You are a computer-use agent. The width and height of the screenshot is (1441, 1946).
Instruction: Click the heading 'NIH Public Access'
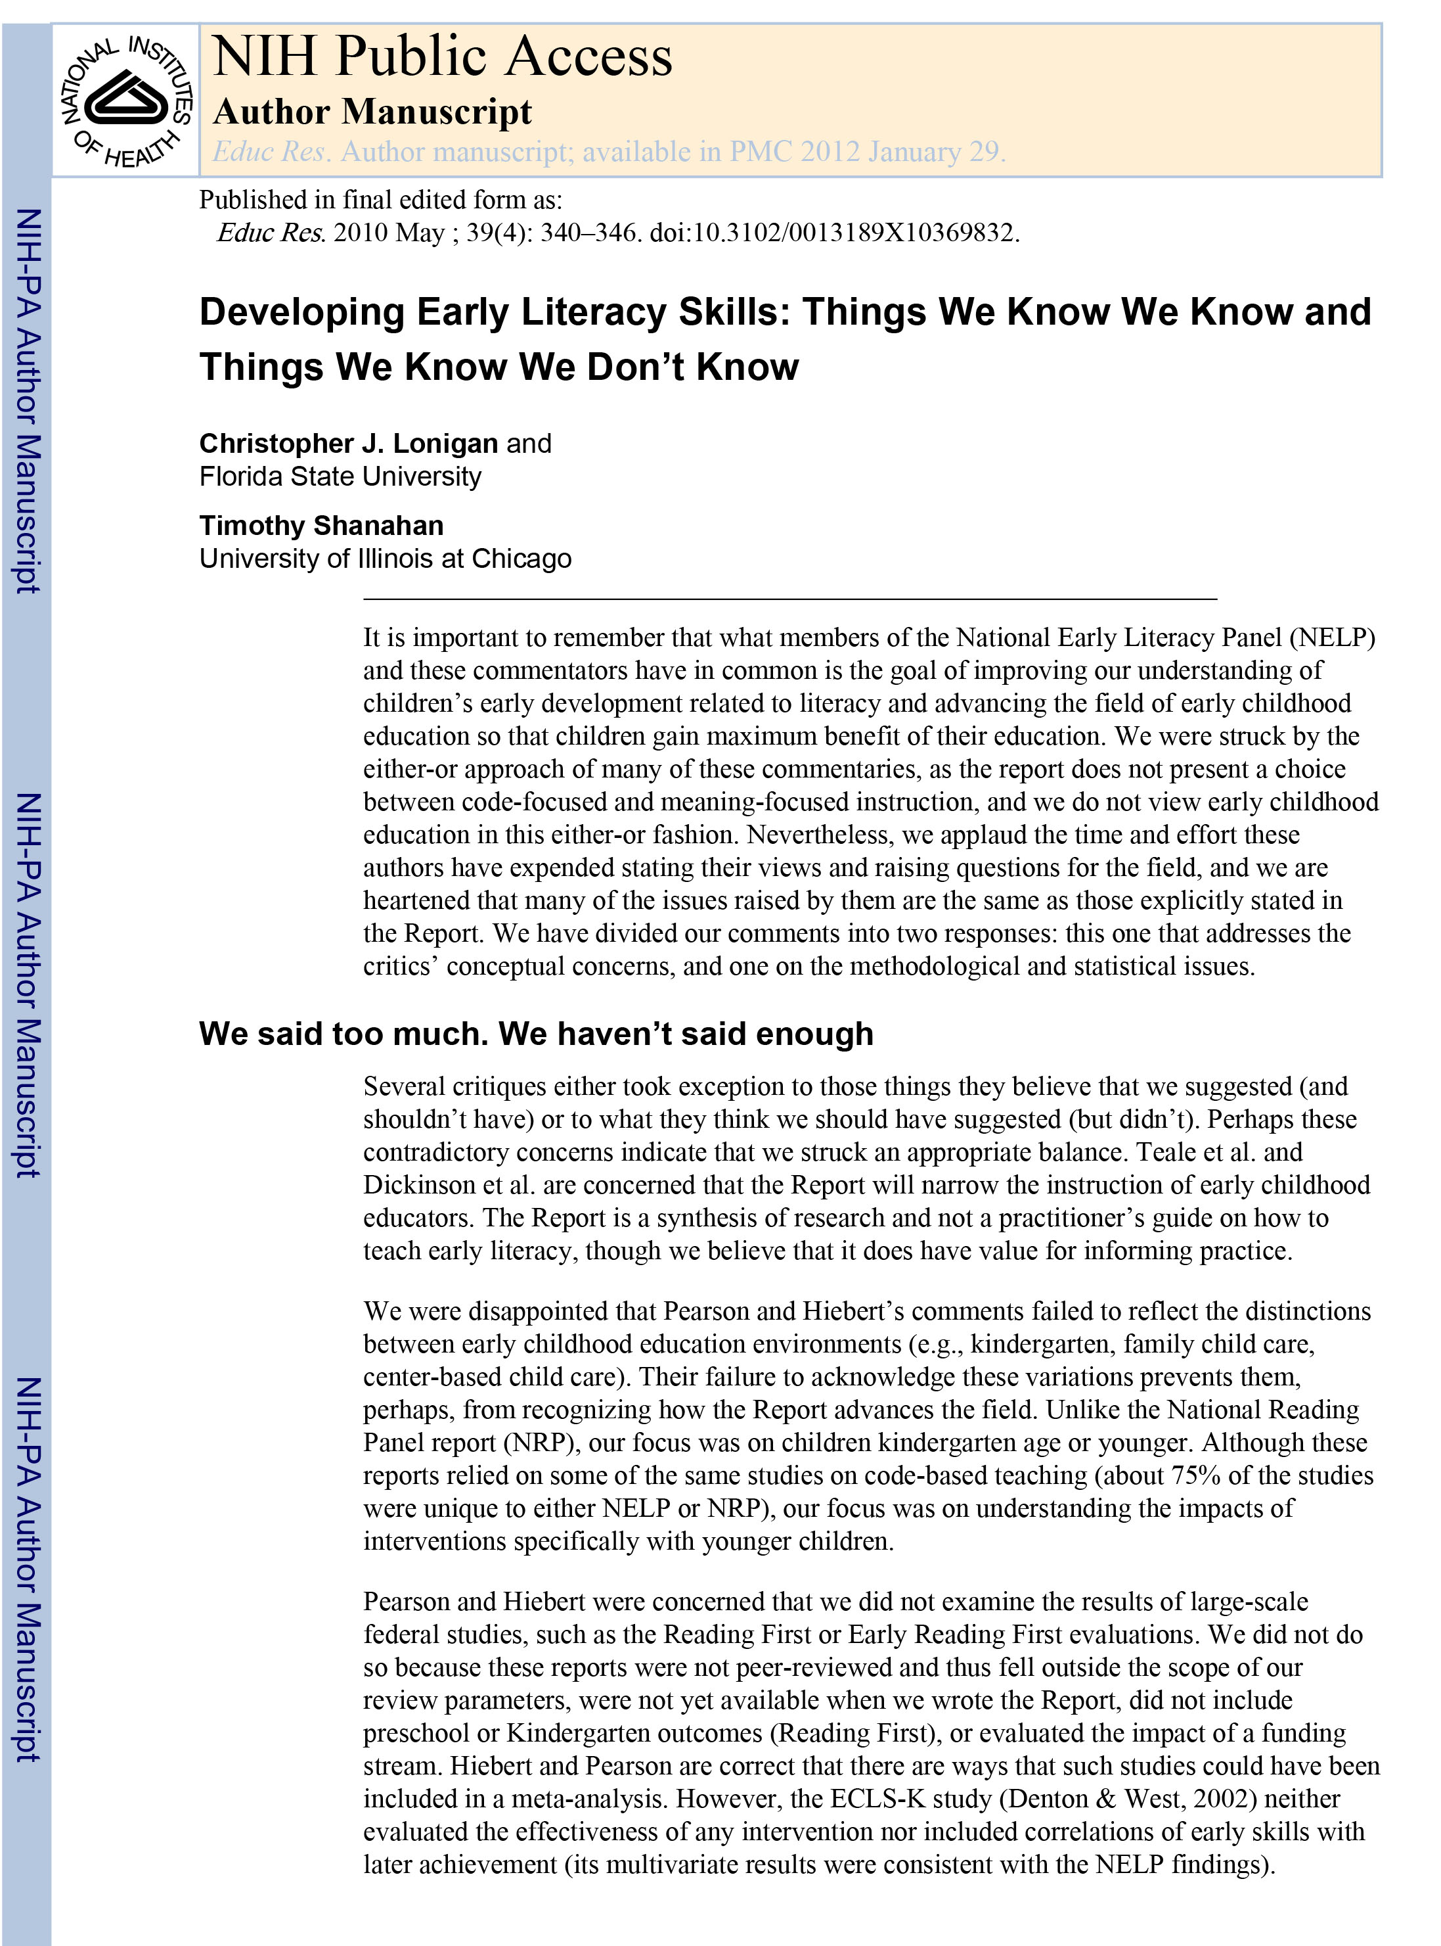(x=442, y=58)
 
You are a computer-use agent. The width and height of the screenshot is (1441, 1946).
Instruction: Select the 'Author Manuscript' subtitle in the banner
(x=372, y=112)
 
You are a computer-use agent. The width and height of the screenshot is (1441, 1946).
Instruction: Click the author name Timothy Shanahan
(x=321, y=525)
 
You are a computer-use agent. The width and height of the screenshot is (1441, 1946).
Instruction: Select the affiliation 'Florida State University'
(x=340, y=476)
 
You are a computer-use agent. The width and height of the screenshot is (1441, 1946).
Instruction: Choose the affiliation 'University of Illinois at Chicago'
(x=385, y=559)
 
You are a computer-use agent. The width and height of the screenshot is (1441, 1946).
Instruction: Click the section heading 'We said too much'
(x=535, y=1033)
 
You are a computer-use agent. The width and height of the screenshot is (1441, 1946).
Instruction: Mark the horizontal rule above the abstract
(x=789, y=599)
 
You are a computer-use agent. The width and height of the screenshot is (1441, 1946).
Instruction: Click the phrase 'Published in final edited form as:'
(x=380, y=200)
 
